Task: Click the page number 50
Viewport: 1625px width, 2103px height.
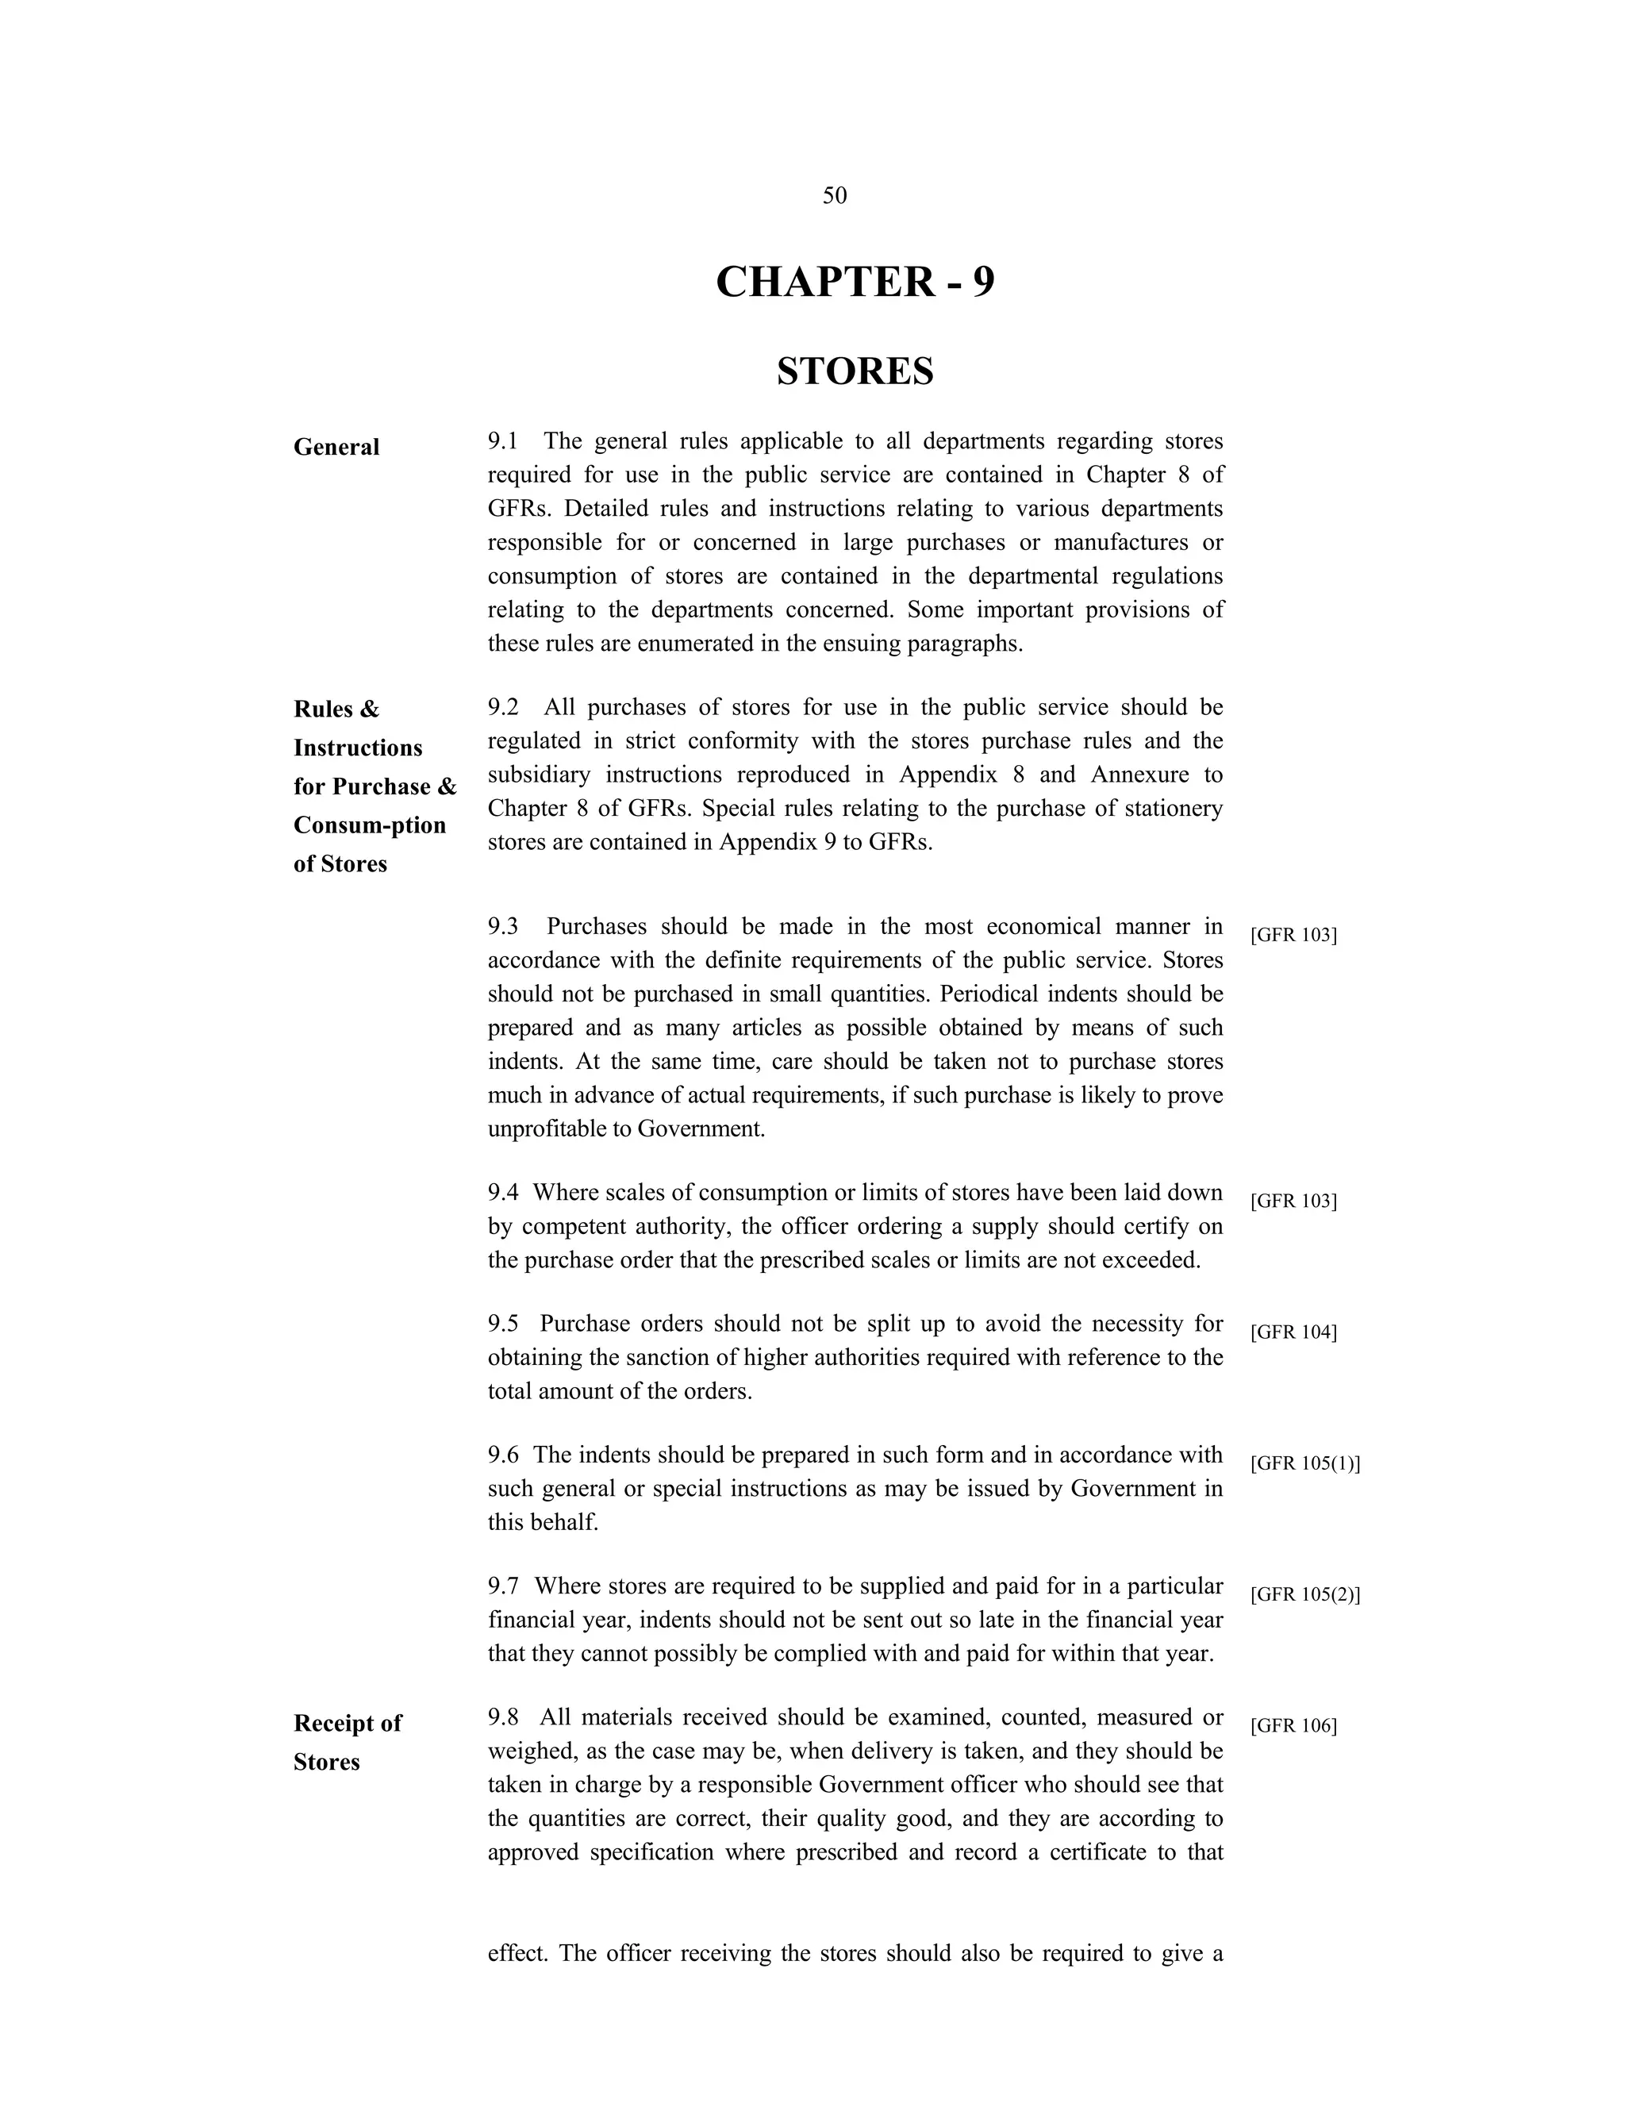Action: [835, 195]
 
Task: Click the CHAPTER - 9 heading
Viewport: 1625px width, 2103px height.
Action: [855, 283]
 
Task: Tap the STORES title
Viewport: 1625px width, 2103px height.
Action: [855, 371]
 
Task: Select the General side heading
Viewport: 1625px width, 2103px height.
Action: [336, 447]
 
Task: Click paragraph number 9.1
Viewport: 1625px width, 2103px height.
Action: [502, 441]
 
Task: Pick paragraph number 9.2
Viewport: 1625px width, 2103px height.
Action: [502, 707]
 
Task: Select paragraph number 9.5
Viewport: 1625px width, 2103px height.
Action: [502, 1323]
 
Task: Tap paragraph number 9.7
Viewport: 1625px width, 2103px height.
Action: [502, 1585]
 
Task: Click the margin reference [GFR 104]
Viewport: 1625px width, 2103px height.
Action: [1293, 1332]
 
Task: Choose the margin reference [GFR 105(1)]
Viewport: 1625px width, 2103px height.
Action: [1304, 1463]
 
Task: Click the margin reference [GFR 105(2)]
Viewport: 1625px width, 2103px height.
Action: [1304, 1594]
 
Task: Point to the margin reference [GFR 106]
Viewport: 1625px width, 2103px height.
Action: [1293, 1724]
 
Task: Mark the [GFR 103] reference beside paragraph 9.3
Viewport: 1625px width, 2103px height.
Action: [1293, 934]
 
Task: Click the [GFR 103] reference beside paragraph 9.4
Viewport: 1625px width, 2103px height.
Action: [1293, 1201]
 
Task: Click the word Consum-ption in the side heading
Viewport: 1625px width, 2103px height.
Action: [370, 825]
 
